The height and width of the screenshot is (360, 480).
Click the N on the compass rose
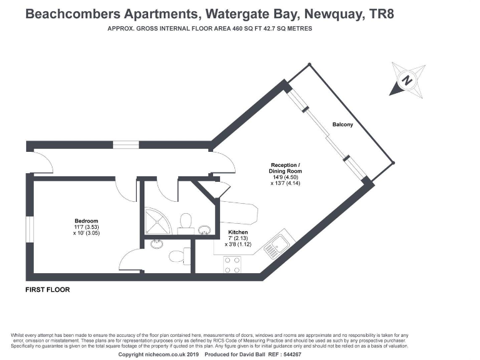click(x=407, y=81)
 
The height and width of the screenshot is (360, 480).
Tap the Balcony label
click(x=342, y=124)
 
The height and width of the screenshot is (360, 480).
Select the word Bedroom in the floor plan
click(x=86, y=221)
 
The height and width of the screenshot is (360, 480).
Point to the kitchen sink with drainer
click(x=275, y=246)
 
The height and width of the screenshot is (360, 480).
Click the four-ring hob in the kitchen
click(x=232, y=265)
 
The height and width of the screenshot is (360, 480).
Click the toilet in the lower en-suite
click(x=178, y=256)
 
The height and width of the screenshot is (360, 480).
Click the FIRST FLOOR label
click(x=47, y=290)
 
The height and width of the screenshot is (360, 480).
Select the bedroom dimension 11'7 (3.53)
click(x=86, y=227)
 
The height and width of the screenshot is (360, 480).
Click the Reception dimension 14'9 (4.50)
click(x=285, y=177)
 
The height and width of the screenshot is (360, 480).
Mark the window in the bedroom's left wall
click(x=29, y=227)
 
